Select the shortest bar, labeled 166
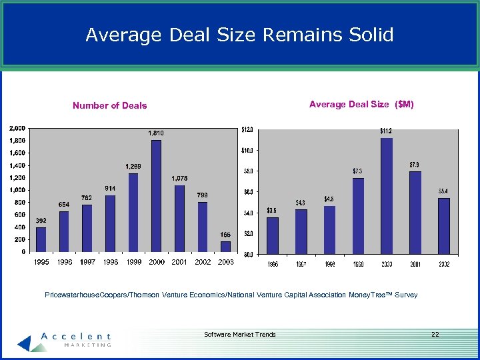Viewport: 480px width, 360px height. [x=225, y=246]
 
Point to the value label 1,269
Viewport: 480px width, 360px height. [x=133, y=166]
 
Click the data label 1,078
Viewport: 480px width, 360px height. [x=179, y=178]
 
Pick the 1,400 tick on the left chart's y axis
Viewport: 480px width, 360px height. [x=17, y=165]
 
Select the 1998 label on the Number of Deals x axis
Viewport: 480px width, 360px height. [x=110, y=262]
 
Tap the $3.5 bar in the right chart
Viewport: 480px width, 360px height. [x=272, y=235]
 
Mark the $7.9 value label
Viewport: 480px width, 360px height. [x=415, y=164]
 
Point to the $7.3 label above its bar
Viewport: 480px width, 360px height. [x=358, y=171]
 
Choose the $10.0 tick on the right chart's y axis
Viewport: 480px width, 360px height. [x=247, y=150]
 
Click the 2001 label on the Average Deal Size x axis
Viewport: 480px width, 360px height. [x=415, y=264]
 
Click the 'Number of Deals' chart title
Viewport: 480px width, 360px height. [x=110, y=105]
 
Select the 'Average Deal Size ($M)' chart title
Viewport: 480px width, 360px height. [x=361, y=104]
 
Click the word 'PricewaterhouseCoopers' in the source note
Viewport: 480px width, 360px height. [x=83, y=295]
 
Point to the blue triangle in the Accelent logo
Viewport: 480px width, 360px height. [x=25, y=343]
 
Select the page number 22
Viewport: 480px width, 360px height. [x=435, y=334]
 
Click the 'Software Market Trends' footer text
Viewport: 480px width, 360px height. [x=240, y=334]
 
